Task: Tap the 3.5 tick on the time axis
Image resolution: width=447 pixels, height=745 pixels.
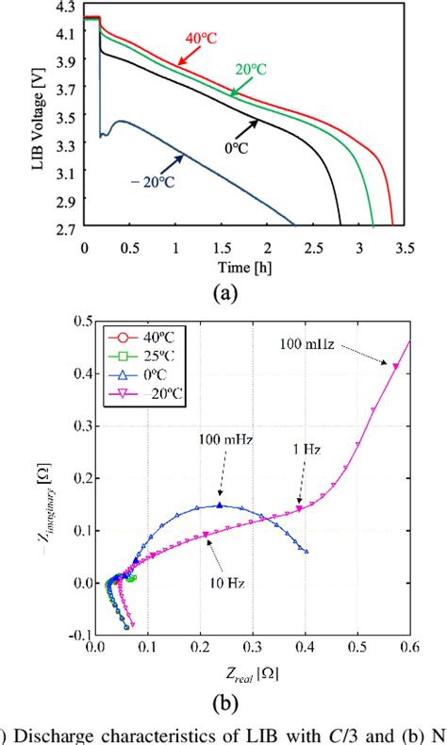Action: pos(406,246)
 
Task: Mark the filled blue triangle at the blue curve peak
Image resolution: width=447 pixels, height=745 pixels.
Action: pos(221,505)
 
